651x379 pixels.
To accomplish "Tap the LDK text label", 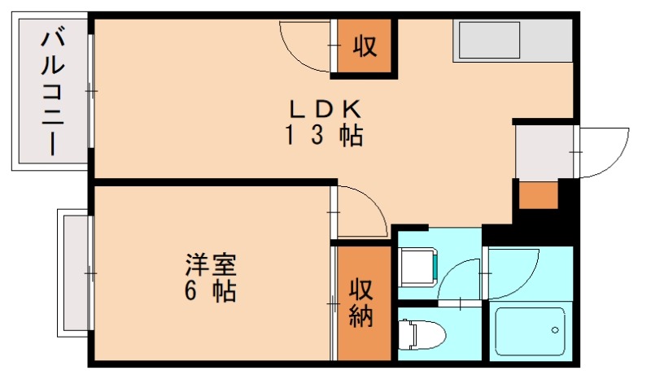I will (x=321, y=109).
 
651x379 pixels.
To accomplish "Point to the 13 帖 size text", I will (x=323, y=136).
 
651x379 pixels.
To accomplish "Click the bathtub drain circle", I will (x=555, y=330).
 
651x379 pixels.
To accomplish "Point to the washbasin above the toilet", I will (x=418, y=265).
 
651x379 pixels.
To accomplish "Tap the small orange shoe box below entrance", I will (x=538, y=196).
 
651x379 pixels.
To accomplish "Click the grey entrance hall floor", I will (x=544, y=151).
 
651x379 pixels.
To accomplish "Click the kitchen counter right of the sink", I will (x=547, y=41).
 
